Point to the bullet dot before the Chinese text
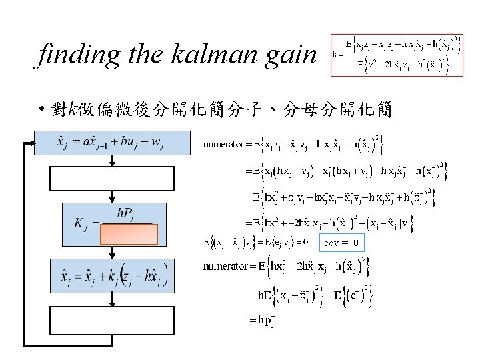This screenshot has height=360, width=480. pyautogui.click(x=41, y=109)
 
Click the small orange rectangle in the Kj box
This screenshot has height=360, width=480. pyautogui.click(x=129, y=235)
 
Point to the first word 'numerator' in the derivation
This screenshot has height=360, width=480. pyautogui.click(x=222, y=143)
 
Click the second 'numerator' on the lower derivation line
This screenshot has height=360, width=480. pyautogui.click(x=224, y=268)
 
